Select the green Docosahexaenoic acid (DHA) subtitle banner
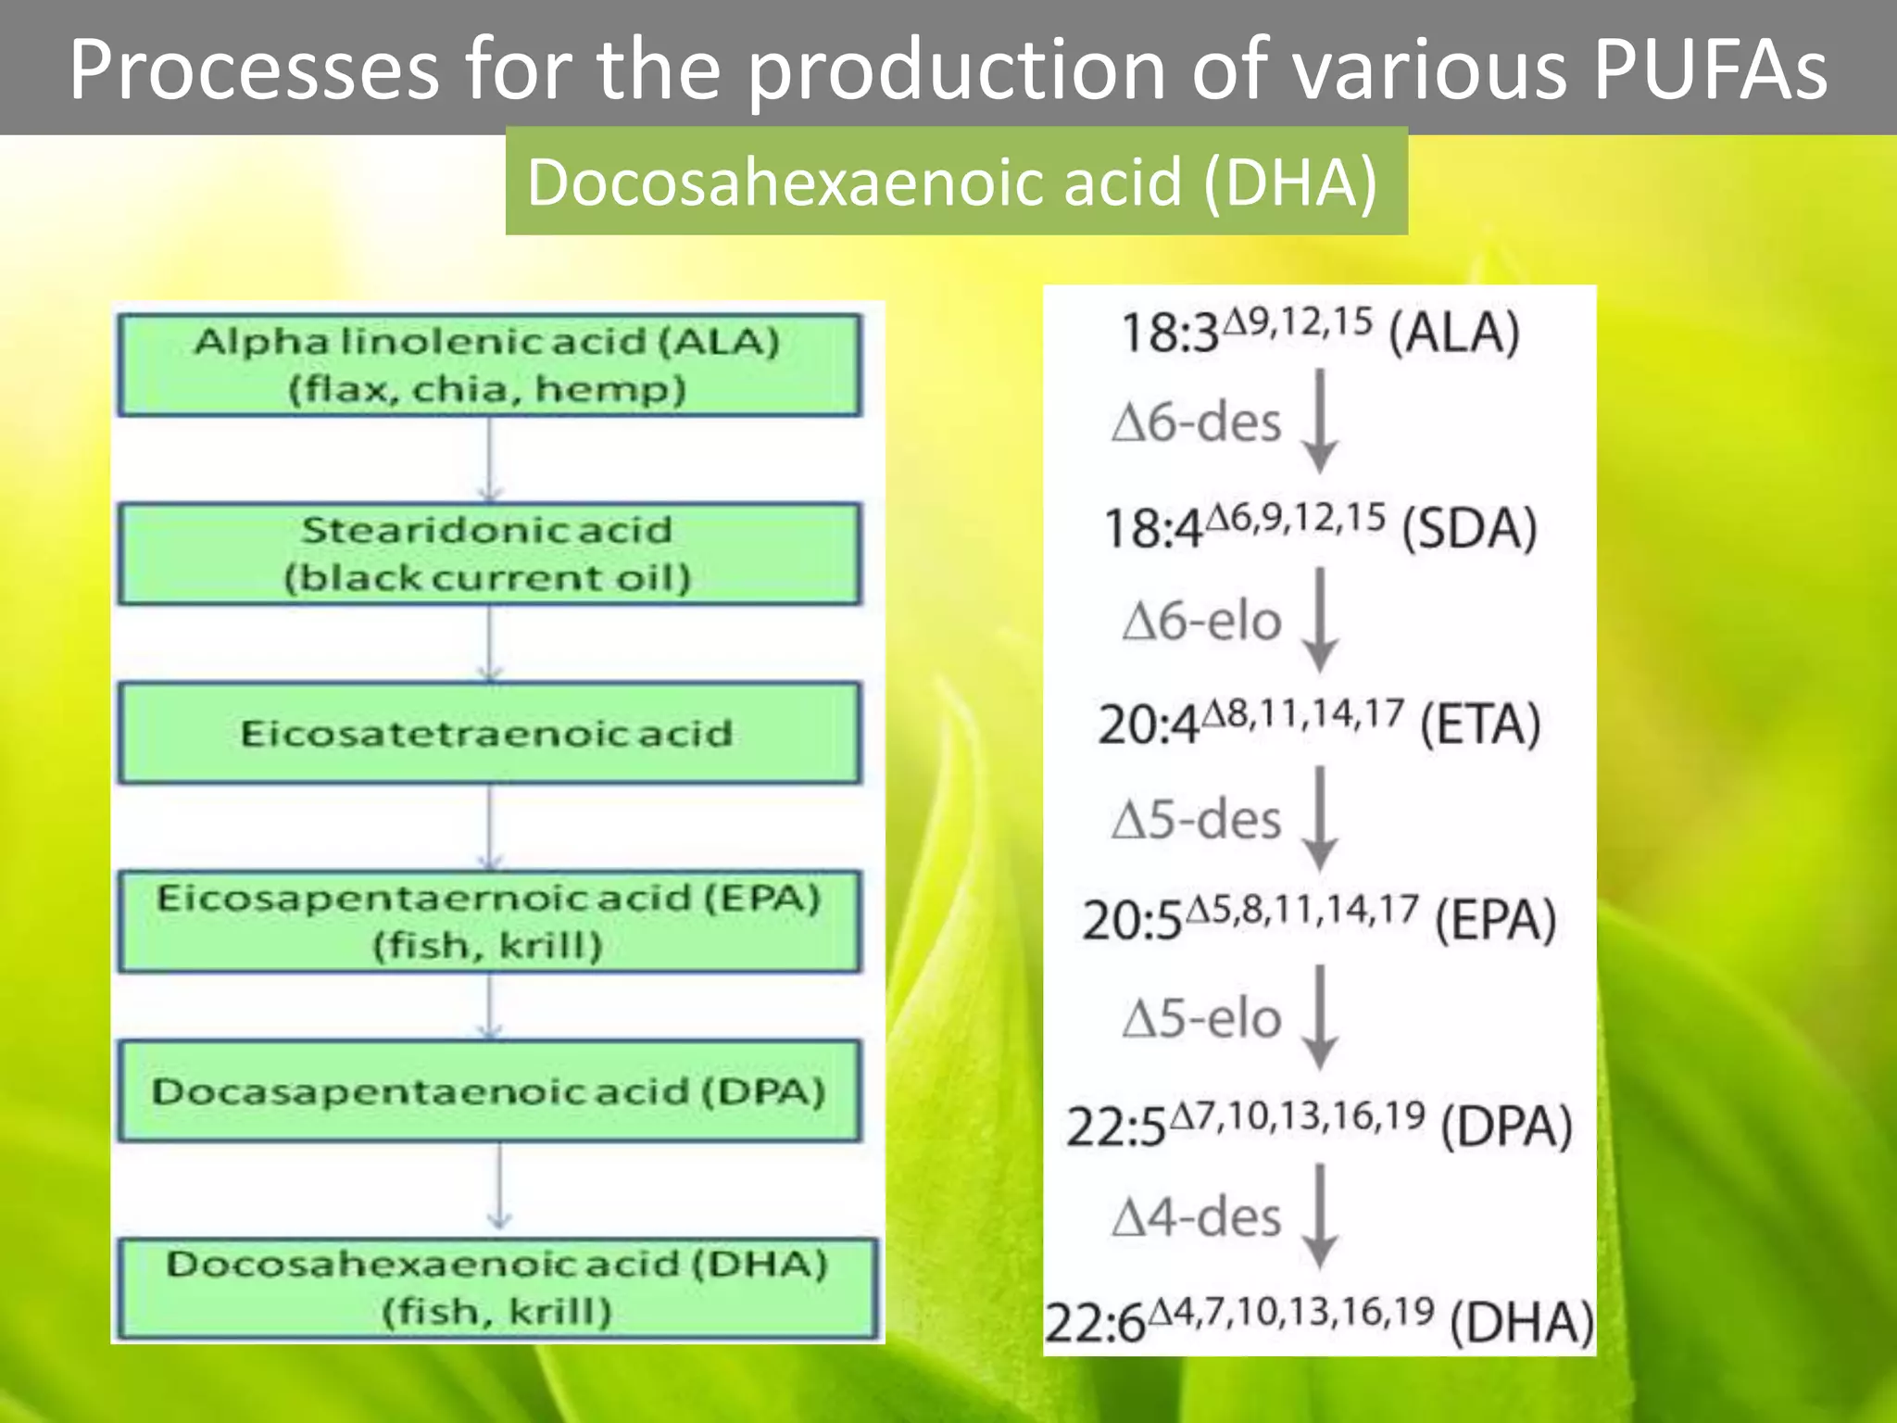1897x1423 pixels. click(x=956, y=182)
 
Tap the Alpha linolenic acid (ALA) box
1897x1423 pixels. click(x=489, y=365)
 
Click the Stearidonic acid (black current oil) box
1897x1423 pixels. click(x=489, y=554)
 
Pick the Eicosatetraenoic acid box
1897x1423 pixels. click(x=489, y=734)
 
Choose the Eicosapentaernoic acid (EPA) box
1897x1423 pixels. click(x=489, y=921)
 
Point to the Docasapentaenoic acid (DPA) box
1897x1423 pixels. click(x=489, y=1090)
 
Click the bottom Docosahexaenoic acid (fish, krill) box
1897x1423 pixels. click(x=496, y=1288)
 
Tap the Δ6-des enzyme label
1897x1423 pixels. click(x=1197, y=422)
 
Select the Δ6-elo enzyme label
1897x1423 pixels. click(x=1201, y=621)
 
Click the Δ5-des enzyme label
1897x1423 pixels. click(x=1197, y=820)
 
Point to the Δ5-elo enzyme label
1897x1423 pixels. click(x=1201, y=1018)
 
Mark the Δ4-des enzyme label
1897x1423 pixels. click(x=1197, y=1217)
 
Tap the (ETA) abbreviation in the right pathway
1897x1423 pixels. click(x=1480, y=724)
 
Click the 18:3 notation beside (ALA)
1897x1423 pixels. click(x=1169, y=334)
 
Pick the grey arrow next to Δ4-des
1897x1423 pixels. click(x=1320, y=1217)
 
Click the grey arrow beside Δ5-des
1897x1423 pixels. click(x=1320, y=820)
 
